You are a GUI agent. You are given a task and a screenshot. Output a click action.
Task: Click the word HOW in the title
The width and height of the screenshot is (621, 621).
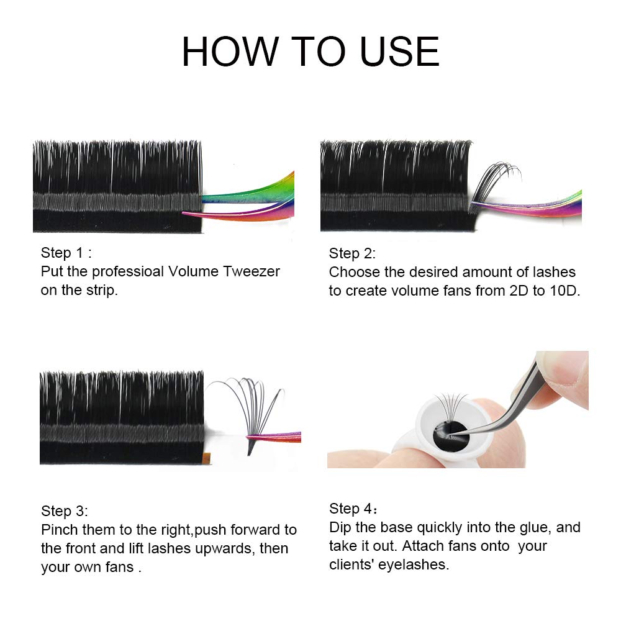click(x=230, y=52)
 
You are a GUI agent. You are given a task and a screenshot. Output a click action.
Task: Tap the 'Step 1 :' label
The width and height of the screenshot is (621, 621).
click(x=66, y=253)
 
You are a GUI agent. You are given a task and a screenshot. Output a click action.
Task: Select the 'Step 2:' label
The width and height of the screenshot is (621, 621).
click(x=352, y=253)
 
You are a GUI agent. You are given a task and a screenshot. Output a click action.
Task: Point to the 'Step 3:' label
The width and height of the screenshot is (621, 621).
click(x=65, y=511)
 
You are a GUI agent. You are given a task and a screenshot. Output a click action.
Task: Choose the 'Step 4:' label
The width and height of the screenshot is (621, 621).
click(x=353, y=509)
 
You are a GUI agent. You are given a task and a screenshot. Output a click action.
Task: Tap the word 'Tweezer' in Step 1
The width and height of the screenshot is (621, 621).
click(x=252, y=271)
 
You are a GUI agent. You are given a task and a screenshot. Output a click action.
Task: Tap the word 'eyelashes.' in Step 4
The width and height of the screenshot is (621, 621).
click(x=414, y=565)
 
